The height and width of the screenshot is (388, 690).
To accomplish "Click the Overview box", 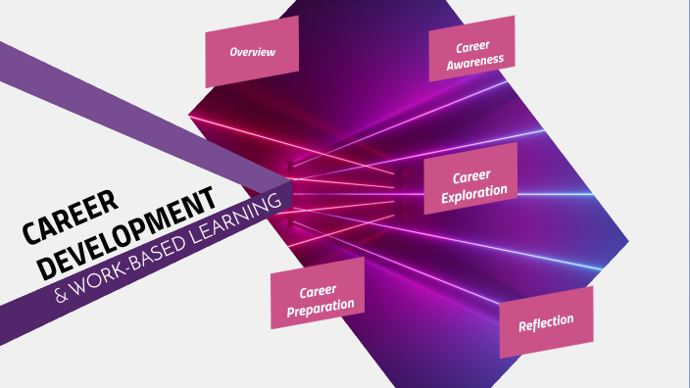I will click(x=252, y=51).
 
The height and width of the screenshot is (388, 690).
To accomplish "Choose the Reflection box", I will click(x=546, y=323).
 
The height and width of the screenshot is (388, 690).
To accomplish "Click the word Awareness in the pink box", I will click(x=475, y=61).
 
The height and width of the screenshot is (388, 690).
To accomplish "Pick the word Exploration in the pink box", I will click(x=475, y=192).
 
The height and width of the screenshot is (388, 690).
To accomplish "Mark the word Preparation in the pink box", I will click(x=319, y=309).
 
